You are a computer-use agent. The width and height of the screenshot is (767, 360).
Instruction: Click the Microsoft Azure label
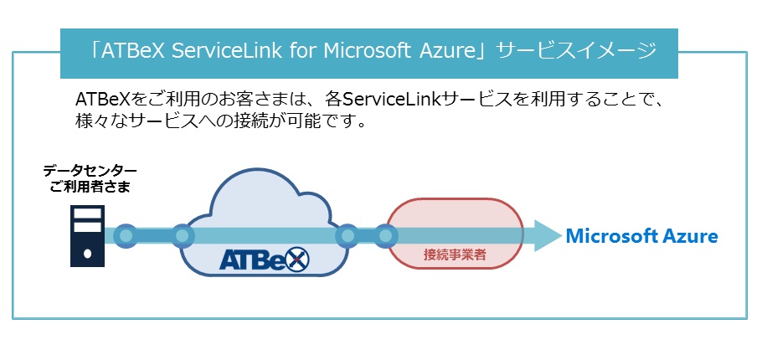[641, 236]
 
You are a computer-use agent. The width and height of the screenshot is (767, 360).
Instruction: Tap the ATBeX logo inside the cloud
[265, 259]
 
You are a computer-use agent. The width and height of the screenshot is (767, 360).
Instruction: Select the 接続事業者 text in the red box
[455, 255]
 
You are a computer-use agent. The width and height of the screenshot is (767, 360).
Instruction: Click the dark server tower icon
[88, 236]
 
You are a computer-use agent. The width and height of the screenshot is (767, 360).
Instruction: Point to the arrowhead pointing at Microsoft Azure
[548, 236]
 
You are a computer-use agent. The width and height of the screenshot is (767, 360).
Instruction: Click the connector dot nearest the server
[126, 236]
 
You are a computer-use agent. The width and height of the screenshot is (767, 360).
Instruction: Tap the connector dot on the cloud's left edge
[182, 236]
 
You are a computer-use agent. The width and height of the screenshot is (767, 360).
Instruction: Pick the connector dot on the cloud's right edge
[347, 236]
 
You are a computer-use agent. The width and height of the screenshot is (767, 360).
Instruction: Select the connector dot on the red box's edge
[386, 236]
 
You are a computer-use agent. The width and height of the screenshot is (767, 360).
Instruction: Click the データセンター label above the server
[90, 171]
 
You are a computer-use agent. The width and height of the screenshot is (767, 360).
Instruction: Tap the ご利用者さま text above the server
[90, 187]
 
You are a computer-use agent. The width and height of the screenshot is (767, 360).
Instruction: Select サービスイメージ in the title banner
[576, 51]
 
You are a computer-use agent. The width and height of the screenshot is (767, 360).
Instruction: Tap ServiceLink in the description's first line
[391, 100]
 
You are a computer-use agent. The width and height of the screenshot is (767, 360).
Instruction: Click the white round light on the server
[88, 254]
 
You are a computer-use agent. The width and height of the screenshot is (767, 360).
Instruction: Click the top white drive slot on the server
[88, 213]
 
